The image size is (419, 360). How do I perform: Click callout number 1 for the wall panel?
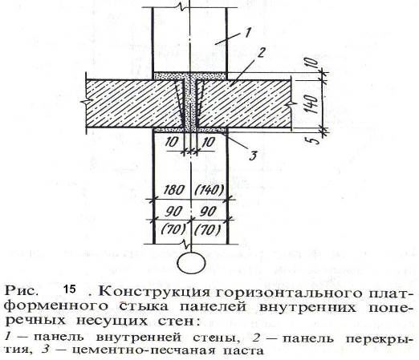click(247, 34)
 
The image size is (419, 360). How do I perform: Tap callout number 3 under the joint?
click(253, 156)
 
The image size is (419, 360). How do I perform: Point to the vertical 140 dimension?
click(312, 103)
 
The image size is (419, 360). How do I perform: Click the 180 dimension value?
click(173, 190)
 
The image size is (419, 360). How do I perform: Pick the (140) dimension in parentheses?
click(209, 190)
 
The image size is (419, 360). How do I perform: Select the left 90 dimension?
click(173, 212)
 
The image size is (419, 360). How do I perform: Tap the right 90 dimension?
click(208, 212)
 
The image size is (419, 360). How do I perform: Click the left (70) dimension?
click(173, 229)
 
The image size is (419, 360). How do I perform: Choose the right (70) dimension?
click(208, 229)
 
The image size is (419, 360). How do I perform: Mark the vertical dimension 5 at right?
click(316, 140)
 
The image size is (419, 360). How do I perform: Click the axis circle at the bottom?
click(192, 263)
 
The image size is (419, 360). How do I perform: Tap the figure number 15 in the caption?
click(69, 289)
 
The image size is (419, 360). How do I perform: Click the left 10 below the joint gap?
click(171, 142)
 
